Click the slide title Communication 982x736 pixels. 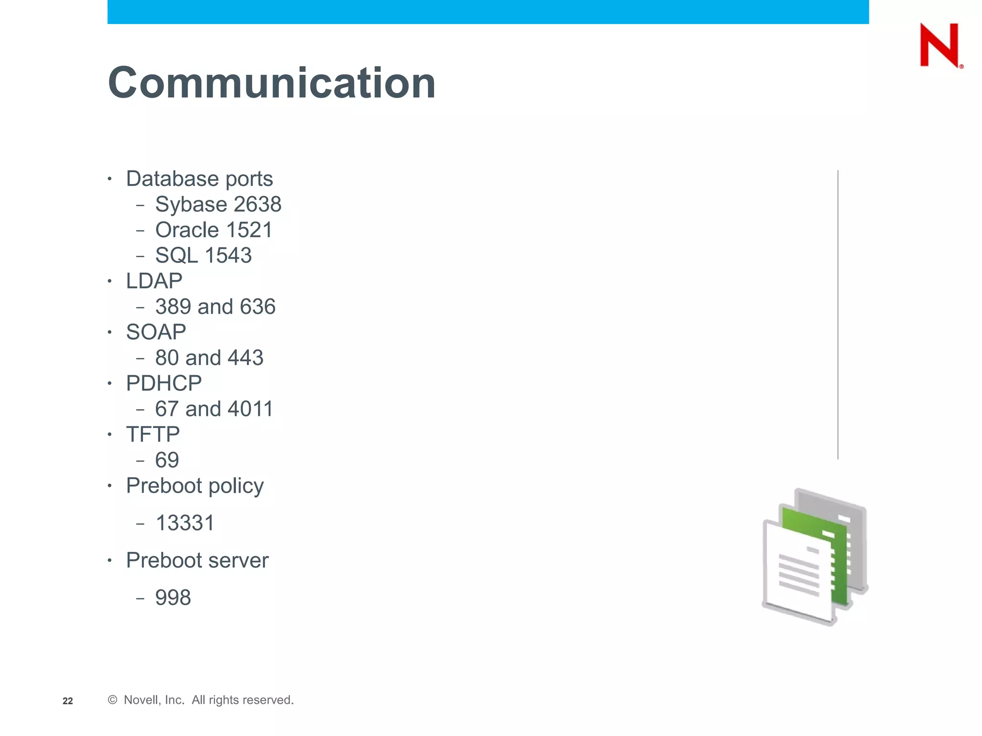272,83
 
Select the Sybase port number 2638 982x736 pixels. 257,205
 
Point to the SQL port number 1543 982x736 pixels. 228,255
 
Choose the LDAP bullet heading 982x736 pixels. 154,281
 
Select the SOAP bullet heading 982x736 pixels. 156,332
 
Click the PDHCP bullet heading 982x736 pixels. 164,383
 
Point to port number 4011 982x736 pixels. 250,409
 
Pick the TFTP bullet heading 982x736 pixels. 152,435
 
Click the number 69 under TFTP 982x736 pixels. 167,460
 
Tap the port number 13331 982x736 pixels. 185,523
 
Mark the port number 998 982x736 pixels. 173,598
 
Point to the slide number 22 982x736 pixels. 68,701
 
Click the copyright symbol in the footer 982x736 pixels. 113,700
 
